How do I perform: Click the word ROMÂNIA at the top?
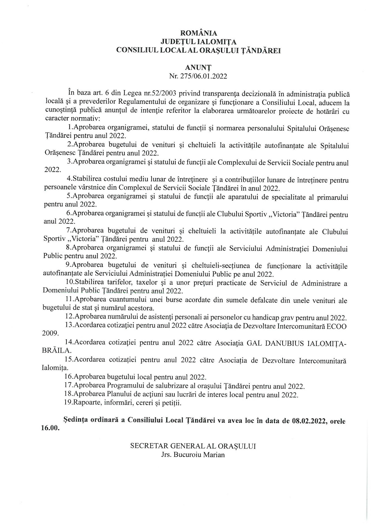tap(198, 33)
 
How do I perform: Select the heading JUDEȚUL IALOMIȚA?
tap(198, 42)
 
